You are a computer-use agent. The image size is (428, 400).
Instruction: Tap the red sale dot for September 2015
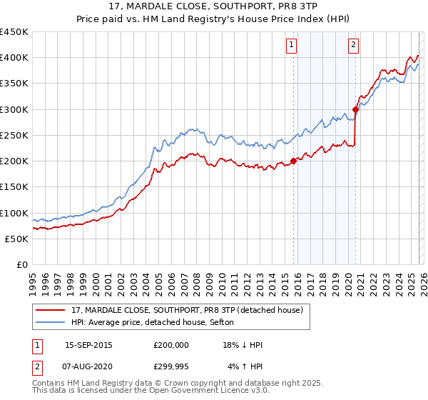coord(293,161)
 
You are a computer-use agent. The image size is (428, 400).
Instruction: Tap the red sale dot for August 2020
coord(355,109)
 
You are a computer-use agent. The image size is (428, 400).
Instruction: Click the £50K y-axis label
coord(17,239)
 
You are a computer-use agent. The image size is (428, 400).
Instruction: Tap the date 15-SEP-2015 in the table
coord(88,344)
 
